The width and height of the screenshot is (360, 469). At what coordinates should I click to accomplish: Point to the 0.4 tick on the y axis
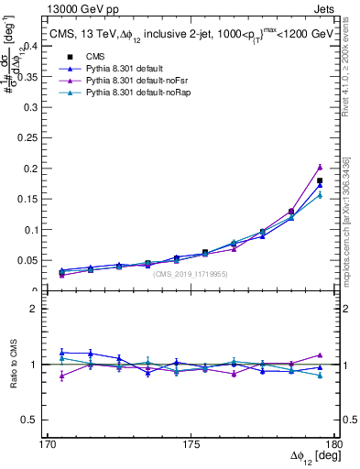(x=32, y=46)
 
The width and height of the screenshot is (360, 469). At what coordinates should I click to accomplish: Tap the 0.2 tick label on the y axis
(x=32, y=169)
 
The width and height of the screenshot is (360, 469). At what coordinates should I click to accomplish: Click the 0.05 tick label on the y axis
(x=29, y=261)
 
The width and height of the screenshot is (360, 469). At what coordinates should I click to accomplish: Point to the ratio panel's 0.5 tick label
(x=32, y=420)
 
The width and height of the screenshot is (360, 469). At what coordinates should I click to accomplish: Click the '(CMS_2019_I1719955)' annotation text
(x=190, y=274)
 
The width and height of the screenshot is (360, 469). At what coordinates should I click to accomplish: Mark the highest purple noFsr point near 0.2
(x=320, y=167)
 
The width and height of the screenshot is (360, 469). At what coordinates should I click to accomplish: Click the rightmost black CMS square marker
(x=320, y=180)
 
